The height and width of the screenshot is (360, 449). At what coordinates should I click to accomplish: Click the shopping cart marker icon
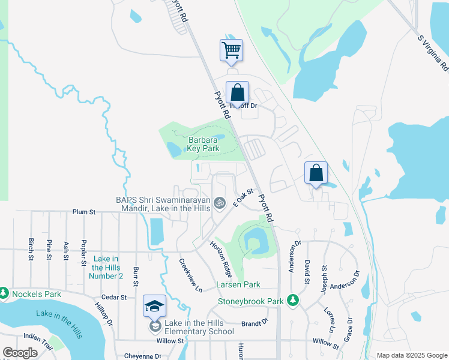point(231,50)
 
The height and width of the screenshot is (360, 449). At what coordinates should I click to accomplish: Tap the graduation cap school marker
point(155,307)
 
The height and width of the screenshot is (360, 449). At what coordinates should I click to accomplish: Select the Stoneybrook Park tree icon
point(293,299)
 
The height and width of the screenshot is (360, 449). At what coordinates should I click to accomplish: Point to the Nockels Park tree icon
point(4,293)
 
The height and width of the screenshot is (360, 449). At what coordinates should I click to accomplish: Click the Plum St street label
point(84,212)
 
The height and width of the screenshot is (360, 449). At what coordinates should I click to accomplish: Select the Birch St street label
point(31,249)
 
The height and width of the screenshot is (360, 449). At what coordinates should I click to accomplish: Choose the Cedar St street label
point(114,297)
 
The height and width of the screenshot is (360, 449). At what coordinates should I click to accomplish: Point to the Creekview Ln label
point(190,275)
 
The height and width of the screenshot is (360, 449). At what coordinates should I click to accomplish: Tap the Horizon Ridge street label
point(220,256)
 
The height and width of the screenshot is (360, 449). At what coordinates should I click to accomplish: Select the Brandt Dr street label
point(255,323)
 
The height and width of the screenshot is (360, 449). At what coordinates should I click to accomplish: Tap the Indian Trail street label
point(38,342)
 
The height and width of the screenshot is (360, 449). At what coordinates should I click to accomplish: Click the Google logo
point(20,353)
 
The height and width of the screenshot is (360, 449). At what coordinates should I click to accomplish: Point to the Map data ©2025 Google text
point(411,355)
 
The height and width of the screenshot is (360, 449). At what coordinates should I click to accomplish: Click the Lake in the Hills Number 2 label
point(106,267)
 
